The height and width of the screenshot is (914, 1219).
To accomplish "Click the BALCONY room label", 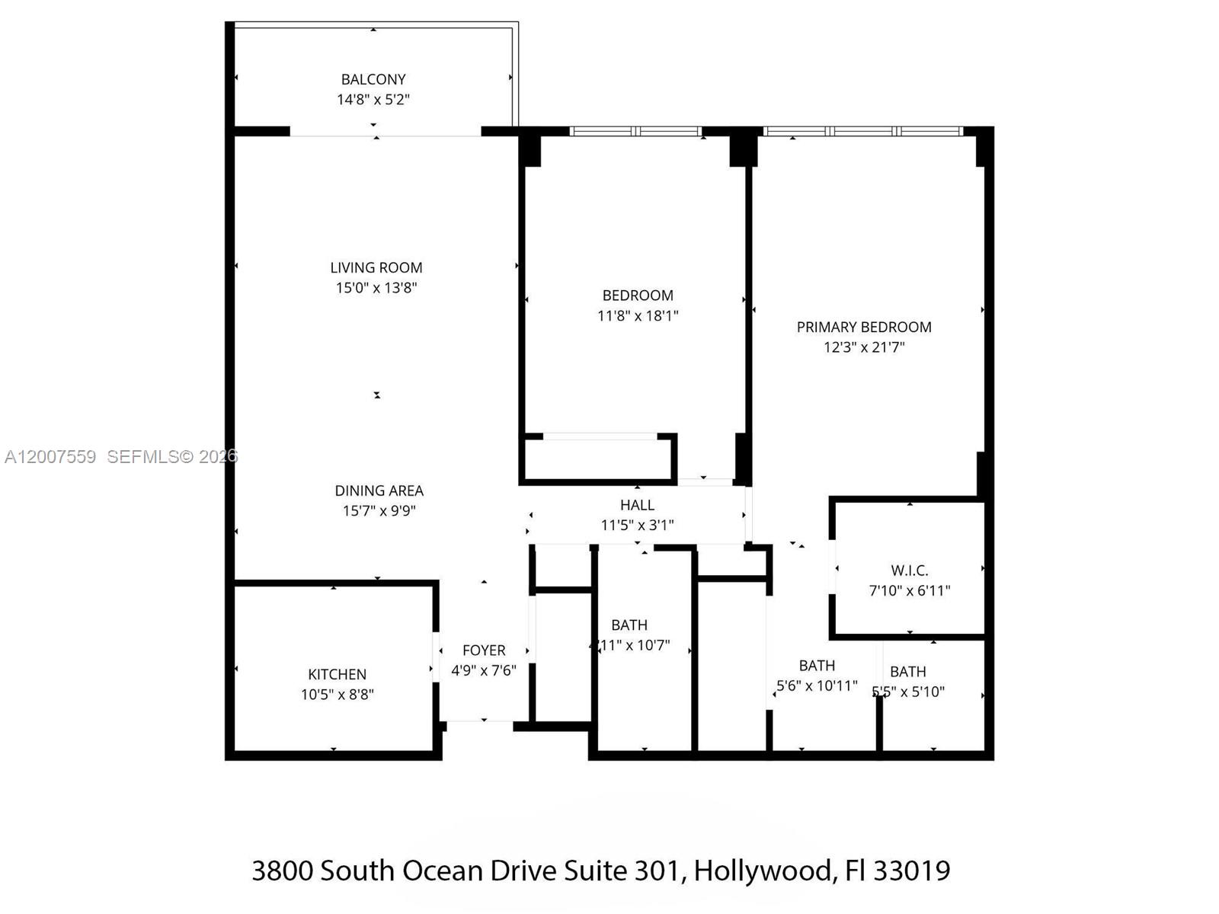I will point(373,79).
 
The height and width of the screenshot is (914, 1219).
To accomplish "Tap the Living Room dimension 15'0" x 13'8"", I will point(376,288).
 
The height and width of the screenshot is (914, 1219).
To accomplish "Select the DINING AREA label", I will point(379,491).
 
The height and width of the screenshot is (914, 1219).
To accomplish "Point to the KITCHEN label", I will point(337,675).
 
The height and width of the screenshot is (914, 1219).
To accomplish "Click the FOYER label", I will point(484,650).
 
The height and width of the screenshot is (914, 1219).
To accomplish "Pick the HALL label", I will point(637,505).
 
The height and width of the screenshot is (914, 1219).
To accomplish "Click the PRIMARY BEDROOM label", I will point(864,328).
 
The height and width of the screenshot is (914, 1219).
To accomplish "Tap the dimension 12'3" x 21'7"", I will point(864,347).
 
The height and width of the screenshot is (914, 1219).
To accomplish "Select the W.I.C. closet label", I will point(910,570).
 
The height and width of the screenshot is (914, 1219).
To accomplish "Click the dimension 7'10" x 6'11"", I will point(910,590).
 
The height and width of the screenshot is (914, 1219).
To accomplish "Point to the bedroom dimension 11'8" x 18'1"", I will point(638,315).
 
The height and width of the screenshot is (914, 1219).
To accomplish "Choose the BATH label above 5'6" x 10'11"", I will point(817,666).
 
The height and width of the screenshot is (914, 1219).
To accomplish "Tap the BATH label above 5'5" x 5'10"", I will point(908,672).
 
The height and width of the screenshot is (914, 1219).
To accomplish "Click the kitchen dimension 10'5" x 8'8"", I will point(337,695).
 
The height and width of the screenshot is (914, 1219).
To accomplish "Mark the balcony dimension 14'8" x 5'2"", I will point(373,99).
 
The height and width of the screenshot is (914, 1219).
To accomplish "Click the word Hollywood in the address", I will point(762,870).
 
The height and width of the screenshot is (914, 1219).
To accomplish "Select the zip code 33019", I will point(912,870).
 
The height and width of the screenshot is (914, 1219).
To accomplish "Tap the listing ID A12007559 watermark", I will point(50,456).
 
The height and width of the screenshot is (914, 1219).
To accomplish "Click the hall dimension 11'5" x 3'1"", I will point(637,525).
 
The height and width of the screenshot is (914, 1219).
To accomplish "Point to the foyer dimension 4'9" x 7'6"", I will point(484,670).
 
